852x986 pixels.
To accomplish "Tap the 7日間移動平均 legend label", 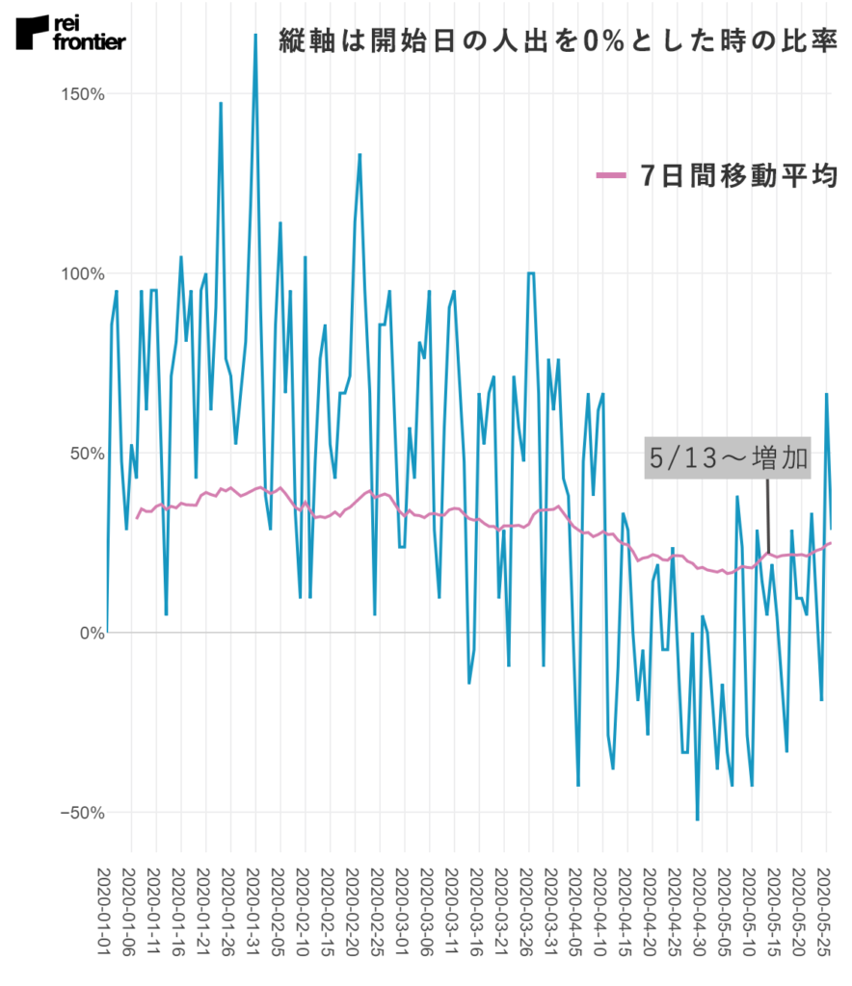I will coord(737,175).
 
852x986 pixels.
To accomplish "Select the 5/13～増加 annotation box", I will coord(728,458).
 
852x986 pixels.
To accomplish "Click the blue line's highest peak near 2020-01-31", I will coord(255,36).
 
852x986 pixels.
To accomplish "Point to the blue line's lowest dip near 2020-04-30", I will coord(697,819).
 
